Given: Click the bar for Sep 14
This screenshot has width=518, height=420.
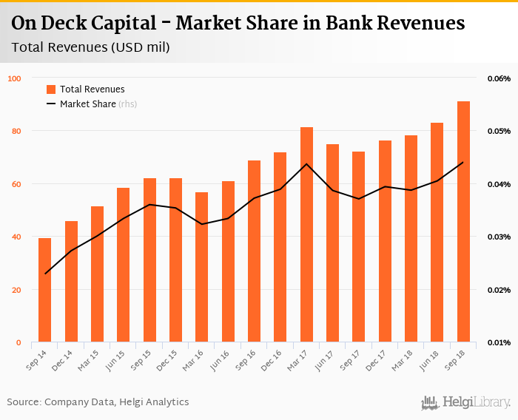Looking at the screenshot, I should click(45, 290).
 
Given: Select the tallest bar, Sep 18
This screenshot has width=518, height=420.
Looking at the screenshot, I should click(463, 222).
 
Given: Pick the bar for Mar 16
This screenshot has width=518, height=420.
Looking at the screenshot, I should click(202, 267).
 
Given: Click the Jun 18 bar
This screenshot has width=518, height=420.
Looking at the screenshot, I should click(437, 232).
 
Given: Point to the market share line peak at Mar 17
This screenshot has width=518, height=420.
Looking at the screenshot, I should click(306, 163).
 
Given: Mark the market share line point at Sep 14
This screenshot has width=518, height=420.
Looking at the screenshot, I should click(45, 274).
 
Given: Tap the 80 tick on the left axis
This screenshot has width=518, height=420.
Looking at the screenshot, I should click(16, 132).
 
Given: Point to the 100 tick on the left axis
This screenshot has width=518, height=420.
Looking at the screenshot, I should click(15, 78).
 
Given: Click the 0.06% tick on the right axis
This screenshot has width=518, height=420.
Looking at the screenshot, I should click(499, 78).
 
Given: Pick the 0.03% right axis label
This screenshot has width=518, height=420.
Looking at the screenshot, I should click(499, 237).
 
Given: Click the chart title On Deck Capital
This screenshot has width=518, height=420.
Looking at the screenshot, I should click(238, 24).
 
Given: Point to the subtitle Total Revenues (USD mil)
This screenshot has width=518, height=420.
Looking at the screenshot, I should click(91, 48).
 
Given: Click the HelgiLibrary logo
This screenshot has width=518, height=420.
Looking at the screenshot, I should click(466, 402).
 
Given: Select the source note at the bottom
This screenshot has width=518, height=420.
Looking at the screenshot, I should click(98, 402).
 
